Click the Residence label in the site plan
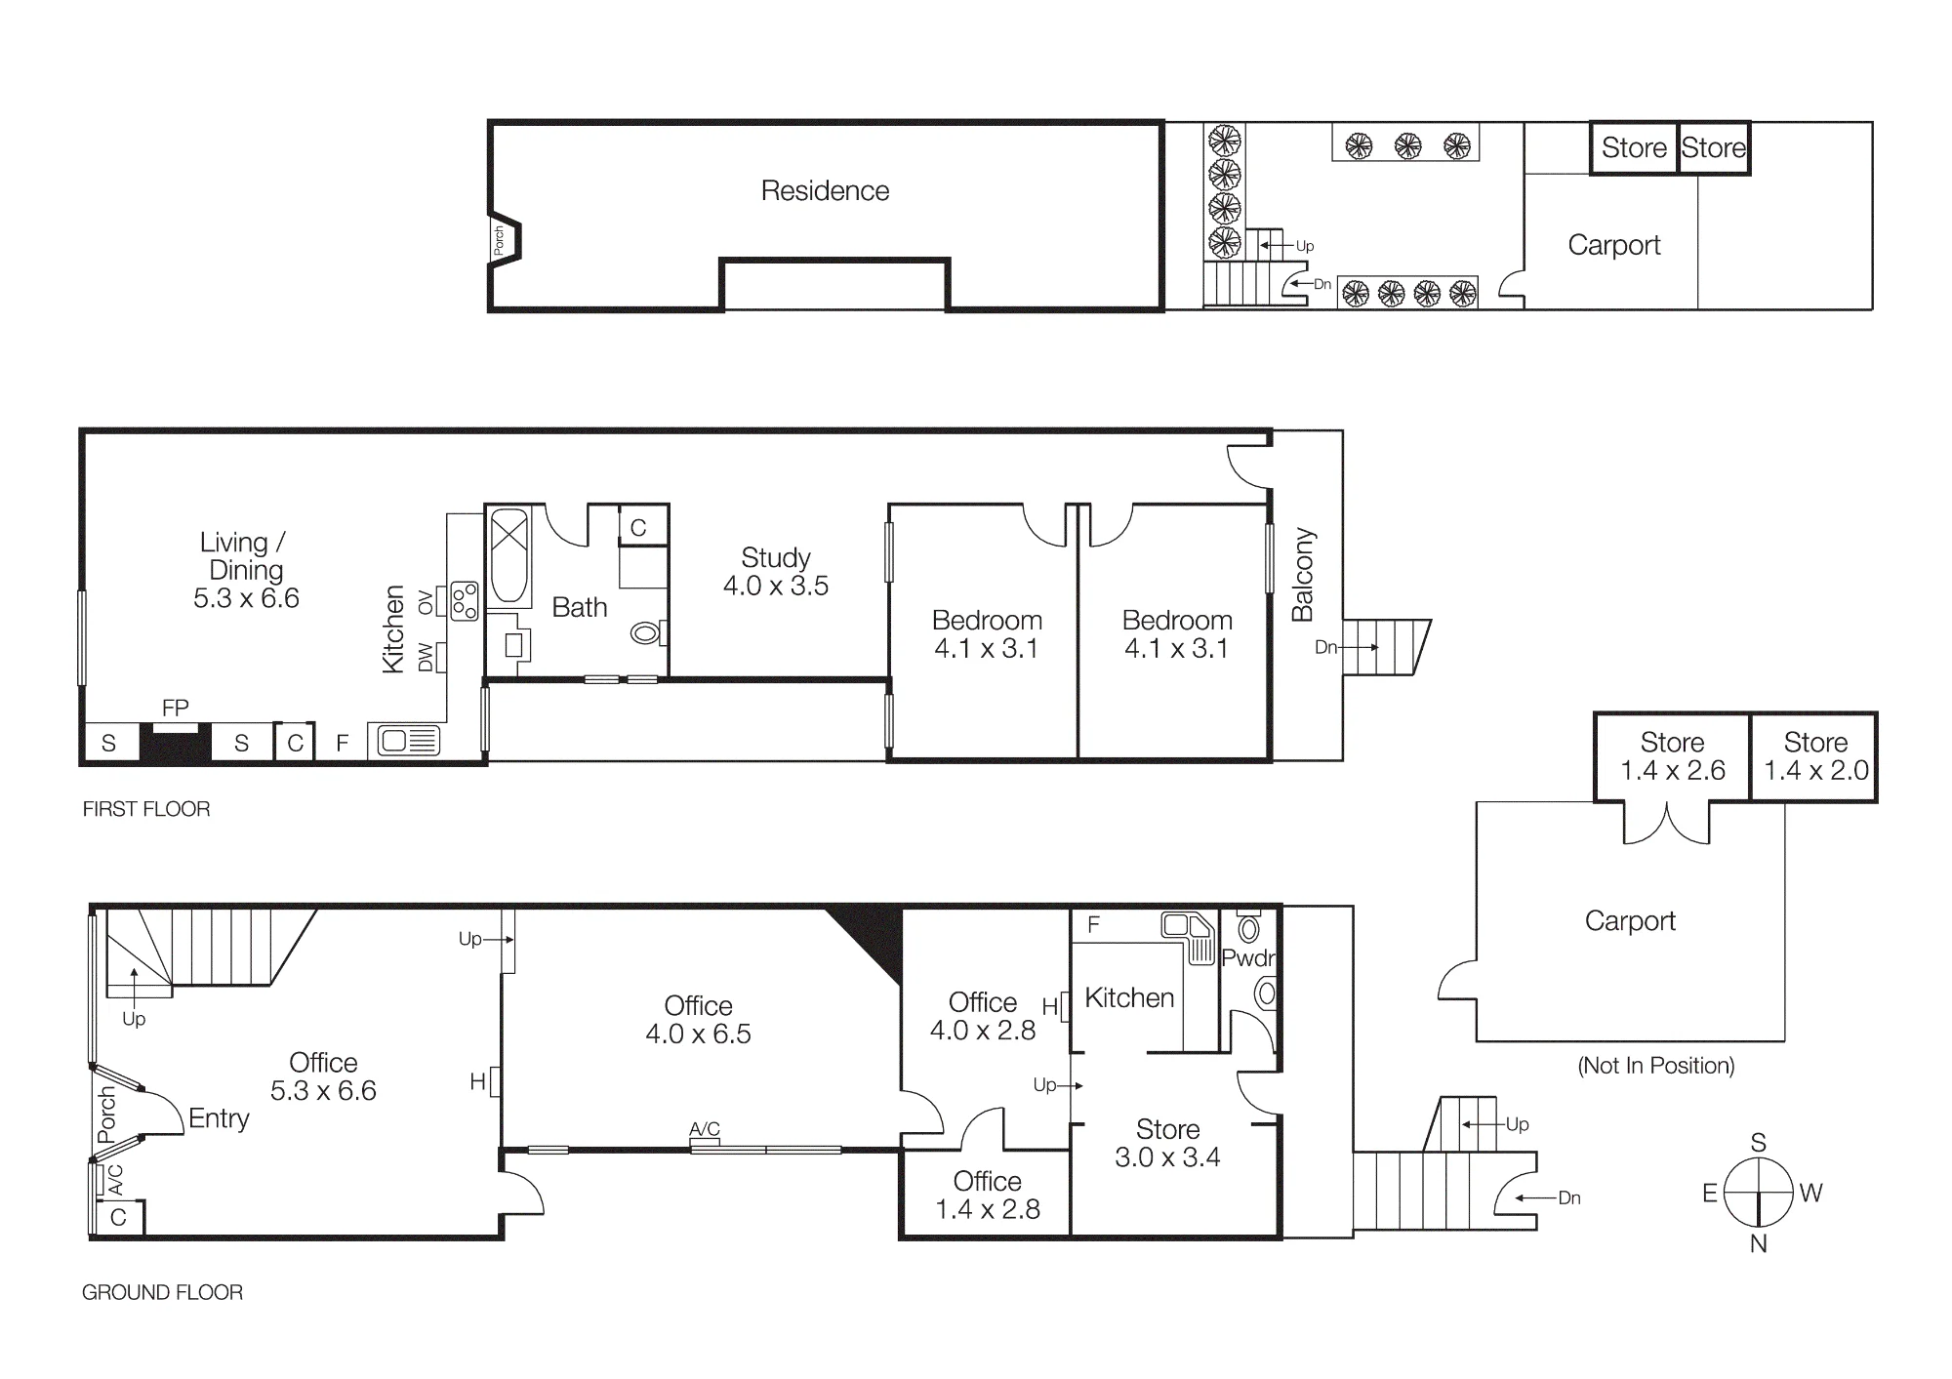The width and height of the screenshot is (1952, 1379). (825, 190)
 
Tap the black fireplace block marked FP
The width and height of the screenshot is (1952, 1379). (176, 743)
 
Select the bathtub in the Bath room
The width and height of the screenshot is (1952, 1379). (508, 555)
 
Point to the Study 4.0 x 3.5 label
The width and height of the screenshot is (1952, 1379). (776, 572)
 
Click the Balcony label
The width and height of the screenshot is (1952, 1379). (1303, 575)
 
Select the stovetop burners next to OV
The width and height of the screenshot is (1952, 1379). (465, 601)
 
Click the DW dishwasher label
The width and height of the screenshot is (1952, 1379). (426, 658)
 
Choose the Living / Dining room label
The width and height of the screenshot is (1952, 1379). (246, 570)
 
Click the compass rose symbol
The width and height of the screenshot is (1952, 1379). (1759, 1192)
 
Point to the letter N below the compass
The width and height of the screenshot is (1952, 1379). (1759, 1243)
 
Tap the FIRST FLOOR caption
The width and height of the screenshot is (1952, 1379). (146, 809)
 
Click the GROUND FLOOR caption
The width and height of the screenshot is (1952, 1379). (162, 1292)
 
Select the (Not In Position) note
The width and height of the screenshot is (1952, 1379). (1656, 1066)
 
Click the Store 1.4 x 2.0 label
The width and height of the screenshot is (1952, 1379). (1816, 756)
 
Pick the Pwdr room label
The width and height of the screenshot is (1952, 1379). (1248, 958)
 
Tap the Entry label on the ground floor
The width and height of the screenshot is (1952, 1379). (219, 1118)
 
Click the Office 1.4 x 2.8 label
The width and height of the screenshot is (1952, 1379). (988, 1195)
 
